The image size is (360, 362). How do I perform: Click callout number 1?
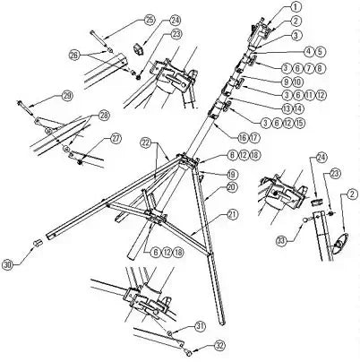pyautogui.click(x=296, y=7)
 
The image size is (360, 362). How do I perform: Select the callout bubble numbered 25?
pyautogui.click(x=149, y=19)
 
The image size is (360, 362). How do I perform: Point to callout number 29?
pyautogui.click(x=66, y=96)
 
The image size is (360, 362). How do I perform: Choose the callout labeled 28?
pyautogui.click(x=104, y=116)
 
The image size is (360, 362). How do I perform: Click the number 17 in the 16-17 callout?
pyautogui.click(x=256, y=136)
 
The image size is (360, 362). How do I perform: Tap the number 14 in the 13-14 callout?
pyautogui.click(x=274, y=108)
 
